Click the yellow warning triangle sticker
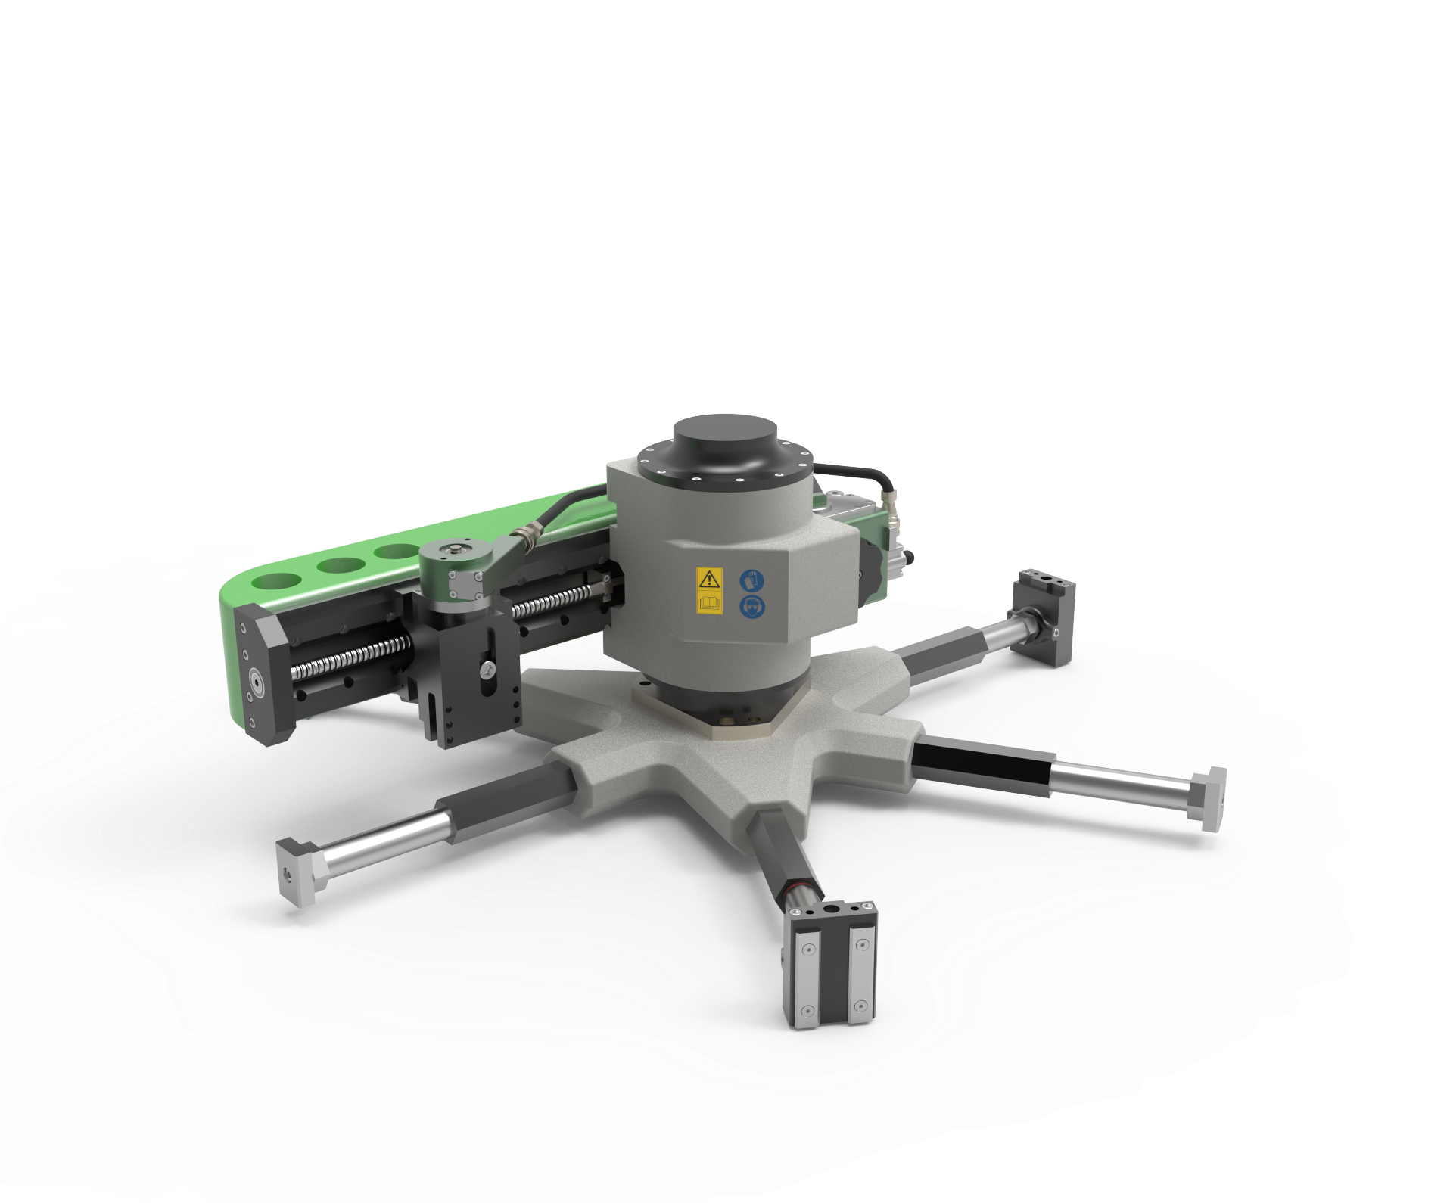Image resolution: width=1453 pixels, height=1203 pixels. tap(709, 580)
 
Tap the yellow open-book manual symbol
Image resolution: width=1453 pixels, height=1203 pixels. tap(709, 604)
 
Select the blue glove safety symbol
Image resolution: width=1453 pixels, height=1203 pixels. tap(752, 581)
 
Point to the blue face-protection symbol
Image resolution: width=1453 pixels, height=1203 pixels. tap(752, 606)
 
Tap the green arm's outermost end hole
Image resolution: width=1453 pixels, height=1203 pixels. tap(277, 582)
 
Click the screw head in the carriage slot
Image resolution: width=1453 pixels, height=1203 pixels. tap(488, 669)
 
